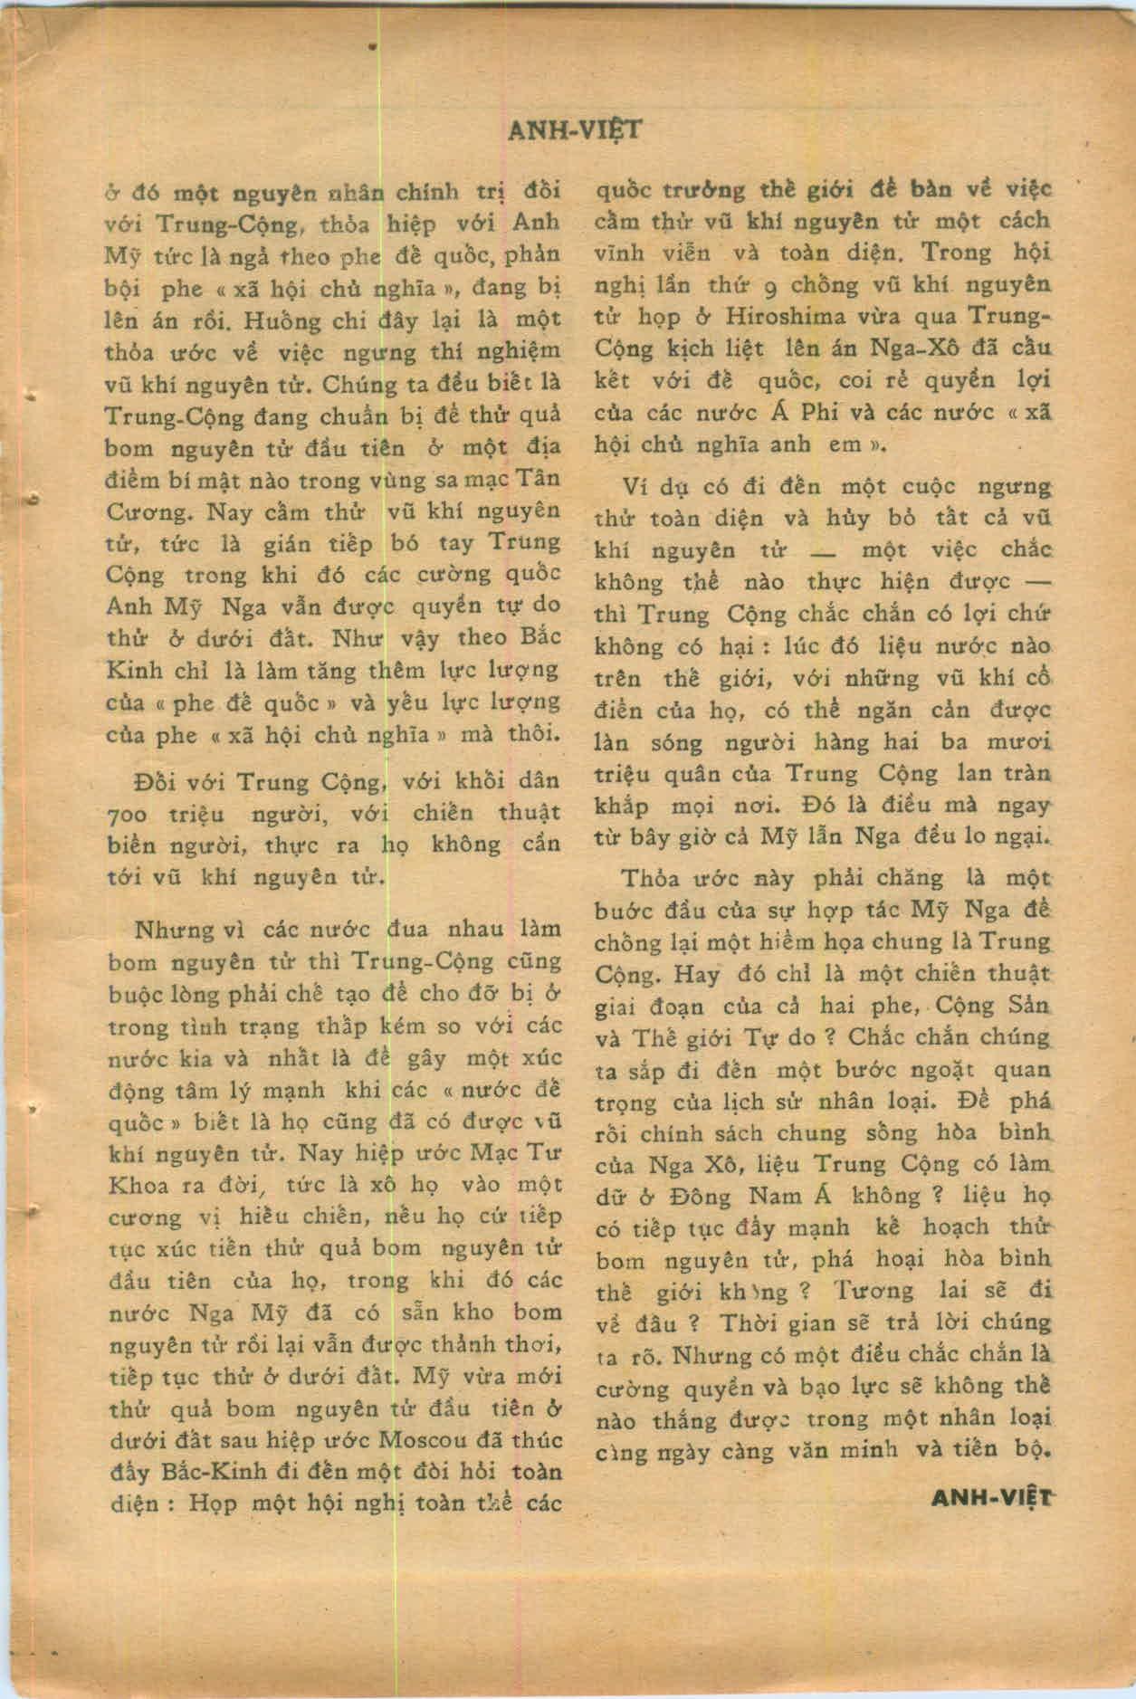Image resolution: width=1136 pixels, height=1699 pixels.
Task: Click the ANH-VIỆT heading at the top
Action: pos(575,130)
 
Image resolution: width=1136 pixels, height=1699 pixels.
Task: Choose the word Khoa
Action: pos(132,1185)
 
